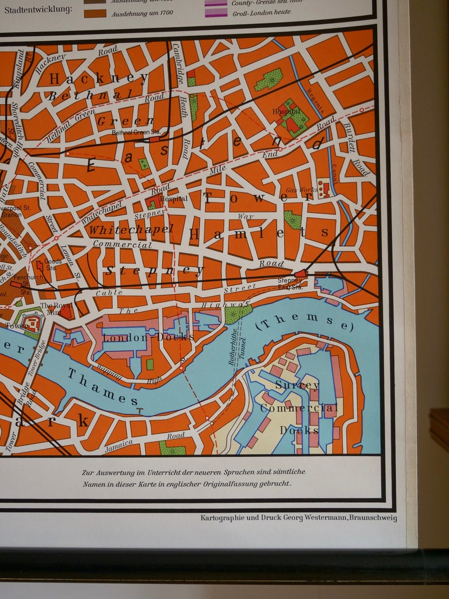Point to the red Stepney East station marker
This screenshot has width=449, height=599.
click(300, 273)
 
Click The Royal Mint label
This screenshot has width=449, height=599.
click(51, 308)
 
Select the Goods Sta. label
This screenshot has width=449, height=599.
click(53, 265)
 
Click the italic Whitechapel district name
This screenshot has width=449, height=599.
click(130, 229)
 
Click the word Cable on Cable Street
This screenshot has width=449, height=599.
click(109, 293)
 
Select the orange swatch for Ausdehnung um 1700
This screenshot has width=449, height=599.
click(94, 13)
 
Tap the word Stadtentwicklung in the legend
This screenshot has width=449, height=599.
click(38, 10)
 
